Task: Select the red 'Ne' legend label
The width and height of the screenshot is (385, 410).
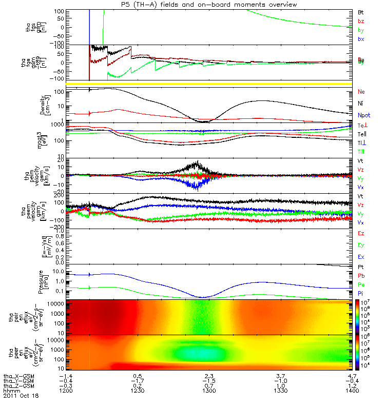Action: point(361,92)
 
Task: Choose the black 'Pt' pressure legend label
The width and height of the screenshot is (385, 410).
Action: point(361,268)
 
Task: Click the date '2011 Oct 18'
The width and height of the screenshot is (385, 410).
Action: point(21,396)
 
